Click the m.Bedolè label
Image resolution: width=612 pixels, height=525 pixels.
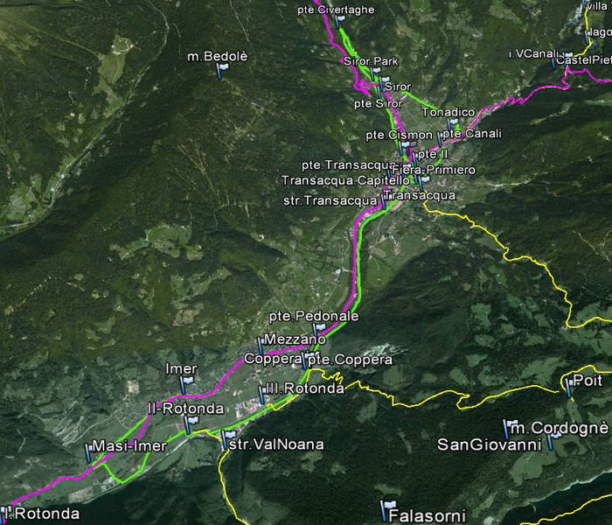click(x=218, y=57)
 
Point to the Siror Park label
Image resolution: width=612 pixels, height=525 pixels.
click(x=371, y=61)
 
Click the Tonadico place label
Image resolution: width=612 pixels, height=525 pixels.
click(x=448, y=113)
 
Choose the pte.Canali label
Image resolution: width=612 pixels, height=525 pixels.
click(x=472, y=134)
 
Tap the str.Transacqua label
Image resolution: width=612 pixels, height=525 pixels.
click(x=330, y=200)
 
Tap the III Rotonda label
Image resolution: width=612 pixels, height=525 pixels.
click(x=304, y=388)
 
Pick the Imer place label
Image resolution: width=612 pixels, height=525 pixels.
click(x=181, y=369)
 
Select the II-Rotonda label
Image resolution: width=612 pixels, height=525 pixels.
click(x=185, y=409)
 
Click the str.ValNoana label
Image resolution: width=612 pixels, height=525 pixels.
click(x=275, y=444)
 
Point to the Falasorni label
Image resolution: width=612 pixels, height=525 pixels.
click(x=428, y=515)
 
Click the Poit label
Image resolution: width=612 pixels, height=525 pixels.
click(x=588, y=381)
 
